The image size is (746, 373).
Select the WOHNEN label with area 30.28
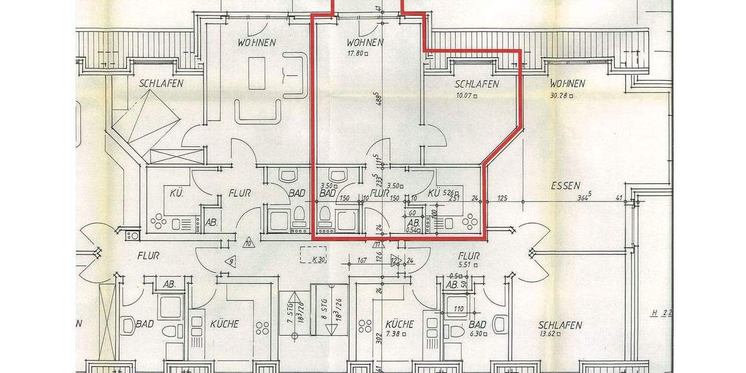click(x=566, y=83)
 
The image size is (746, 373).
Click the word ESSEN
click(x=565, y=185)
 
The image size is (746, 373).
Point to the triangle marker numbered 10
click(x=249, y=242)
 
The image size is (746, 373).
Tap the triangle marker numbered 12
click(x=394, y=260)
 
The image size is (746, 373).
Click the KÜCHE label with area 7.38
click(x=399, y=324)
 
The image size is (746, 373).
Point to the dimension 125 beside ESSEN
click(x=503, y=199)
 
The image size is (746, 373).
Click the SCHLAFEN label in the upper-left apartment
click(x=161, y=83)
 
